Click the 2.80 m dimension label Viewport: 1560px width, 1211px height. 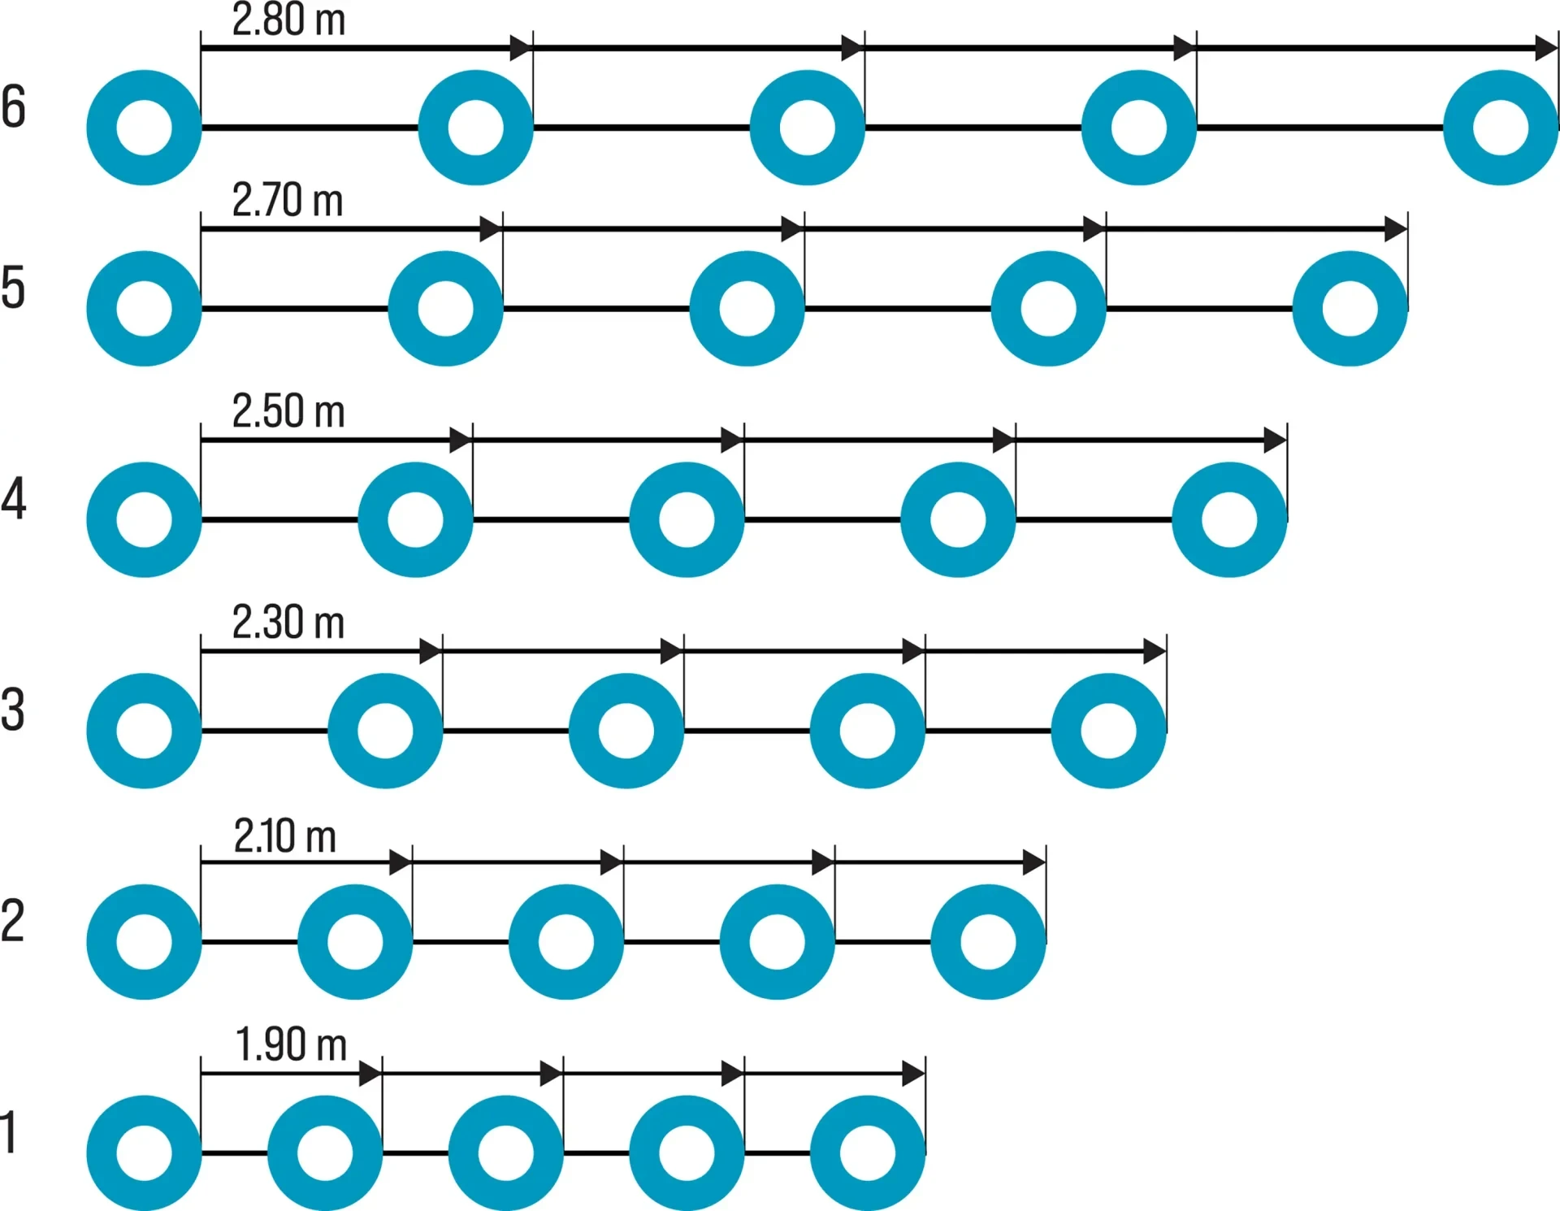click(288, 20)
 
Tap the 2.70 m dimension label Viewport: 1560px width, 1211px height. click(288, 201)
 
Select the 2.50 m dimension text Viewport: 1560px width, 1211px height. click(288, 411)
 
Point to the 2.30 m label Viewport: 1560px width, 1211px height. click(288, 623)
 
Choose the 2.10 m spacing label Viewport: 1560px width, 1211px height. click(285, 836)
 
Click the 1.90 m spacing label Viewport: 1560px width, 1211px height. click(291, 1045)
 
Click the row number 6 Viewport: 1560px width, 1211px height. click(14, 106)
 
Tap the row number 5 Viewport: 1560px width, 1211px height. click(13, 288)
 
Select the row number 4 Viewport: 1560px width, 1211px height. click(14, 499)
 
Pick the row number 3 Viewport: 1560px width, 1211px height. click(13, 710)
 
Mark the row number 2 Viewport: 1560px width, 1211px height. click(13, 921)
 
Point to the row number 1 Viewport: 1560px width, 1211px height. click(9, 1133)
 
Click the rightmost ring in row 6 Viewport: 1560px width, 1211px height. click(1501, 128)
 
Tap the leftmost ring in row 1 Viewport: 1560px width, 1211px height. click(144, 1152)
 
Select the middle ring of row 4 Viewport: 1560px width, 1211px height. click(687, 519)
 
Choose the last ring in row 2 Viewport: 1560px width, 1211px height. click(988, 942)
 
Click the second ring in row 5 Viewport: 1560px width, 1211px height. click(445, 309)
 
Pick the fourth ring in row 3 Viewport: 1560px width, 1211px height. click(867, 731)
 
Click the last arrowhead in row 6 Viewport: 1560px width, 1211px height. click(1545, 48)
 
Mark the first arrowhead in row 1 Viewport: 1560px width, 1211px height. click(370, 1074)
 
